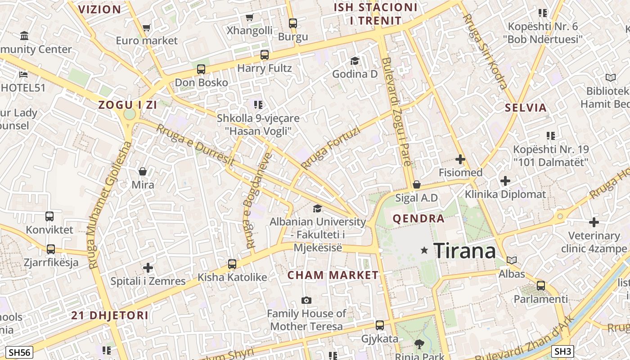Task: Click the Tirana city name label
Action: [x=464, y=250]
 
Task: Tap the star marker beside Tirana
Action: [x=424, y=250]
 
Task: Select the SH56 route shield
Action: [x=19, y=352]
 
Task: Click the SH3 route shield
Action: [x=563, y=351]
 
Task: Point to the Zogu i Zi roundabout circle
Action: [x=130, y=114]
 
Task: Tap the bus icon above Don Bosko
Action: [x=201, y=69]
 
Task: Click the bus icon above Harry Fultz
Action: [x=265, y=55]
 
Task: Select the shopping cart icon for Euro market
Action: [x=146, y=27]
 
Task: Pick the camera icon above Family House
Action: [x=306, y=300]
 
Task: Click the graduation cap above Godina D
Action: [x=355, y=61]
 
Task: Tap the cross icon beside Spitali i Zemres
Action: [x=148, y=268]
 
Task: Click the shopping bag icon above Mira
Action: [x=143, y=171]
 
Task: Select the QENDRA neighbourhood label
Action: [x=418, y=219]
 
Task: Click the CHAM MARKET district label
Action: [x=333, y=275]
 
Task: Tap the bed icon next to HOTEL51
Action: [x=24, y=74]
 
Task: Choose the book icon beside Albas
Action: [x=512, y=260]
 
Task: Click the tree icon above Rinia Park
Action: [x=419, y=344]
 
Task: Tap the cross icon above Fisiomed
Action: [x=460, y=159]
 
